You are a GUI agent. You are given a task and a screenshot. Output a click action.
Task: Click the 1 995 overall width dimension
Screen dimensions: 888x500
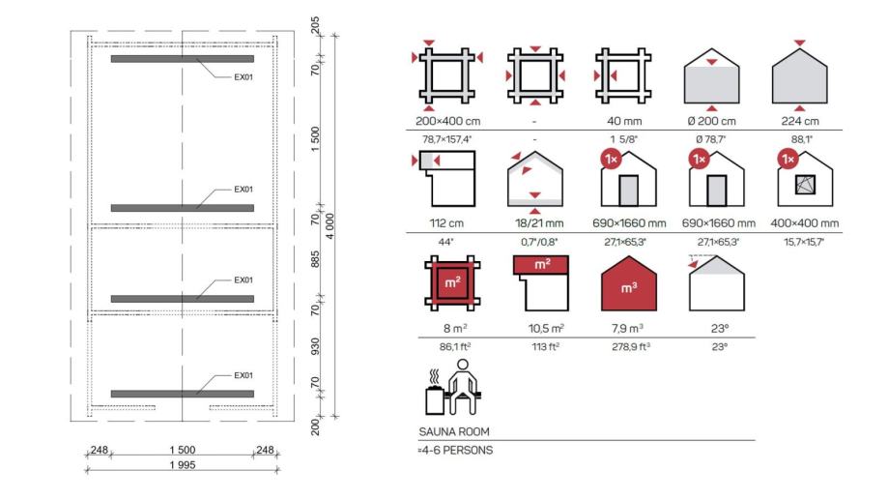[183, 465]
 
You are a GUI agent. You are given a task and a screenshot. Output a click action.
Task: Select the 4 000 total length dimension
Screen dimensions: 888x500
[329, 225]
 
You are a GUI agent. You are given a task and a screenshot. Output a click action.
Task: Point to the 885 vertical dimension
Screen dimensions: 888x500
[315, 259]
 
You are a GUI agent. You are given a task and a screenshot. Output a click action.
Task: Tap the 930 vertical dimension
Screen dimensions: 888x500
[315, 346]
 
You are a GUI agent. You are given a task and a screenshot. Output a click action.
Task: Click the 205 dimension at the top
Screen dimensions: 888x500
[315, 25]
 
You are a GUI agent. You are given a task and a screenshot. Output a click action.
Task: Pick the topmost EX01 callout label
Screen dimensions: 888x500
[243, 77]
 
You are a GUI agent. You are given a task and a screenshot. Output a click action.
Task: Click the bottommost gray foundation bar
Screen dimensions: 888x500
[183, 394]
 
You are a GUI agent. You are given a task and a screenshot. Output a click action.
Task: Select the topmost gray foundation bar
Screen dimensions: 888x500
[183, 58]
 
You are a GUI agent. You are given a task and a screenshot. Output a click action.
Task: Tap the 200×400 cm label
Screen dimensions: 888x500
[447, 121]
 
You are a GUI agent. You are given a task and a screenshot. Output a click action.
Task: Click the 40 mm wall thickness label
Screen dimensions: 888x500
[624, 121]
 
